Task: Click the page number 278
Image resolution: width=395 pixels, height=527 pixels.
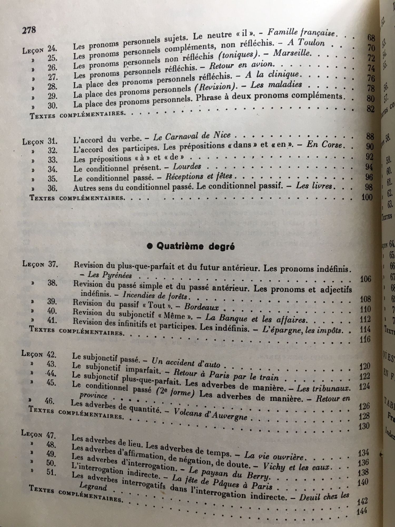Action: (x=29, y=30)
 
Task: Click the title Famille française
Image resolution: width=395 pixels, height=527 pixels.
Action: (x=301, y=33)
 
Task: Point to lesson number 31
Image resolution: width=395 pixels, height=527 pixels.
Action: (x=52, y=141)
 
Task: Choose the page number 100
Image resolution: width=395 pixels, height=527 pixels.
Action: (x=367, y=197)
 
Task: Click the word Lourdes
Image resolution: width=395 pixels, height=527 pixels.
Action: (x=187, y=167)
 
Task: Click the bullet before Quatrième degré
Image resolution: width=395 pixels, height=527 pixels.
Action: (x=150, y=246)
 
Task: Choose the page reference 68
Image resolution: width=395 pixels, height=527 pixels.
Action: (x=371, y=38)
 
